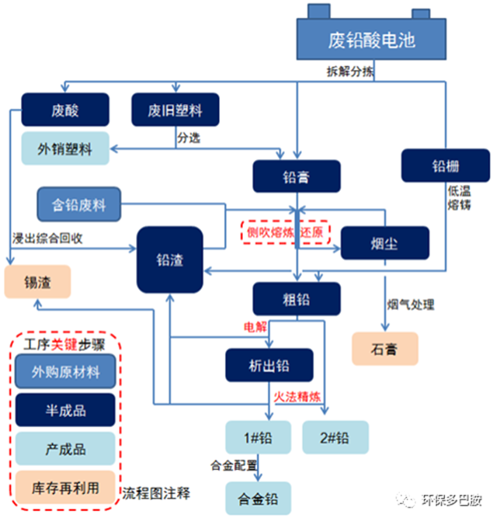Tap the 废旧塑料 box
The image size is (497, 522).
pyautogui.click(x=176, y=110)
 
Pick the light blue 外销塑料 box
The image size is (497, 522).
pyautogui.click(x=65, y=149)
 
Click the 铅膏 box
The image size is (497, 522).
pyautogui.click(x=297, y=176)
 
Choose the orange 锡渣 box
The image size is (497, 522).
pyautogui.click(x=38, y=283)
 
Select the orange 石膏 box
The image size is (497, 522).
pyautogui.click(x=384, y=348)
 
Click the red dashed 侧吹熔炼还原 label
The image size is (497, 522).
pyautogui.click(x=285, y=233)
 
